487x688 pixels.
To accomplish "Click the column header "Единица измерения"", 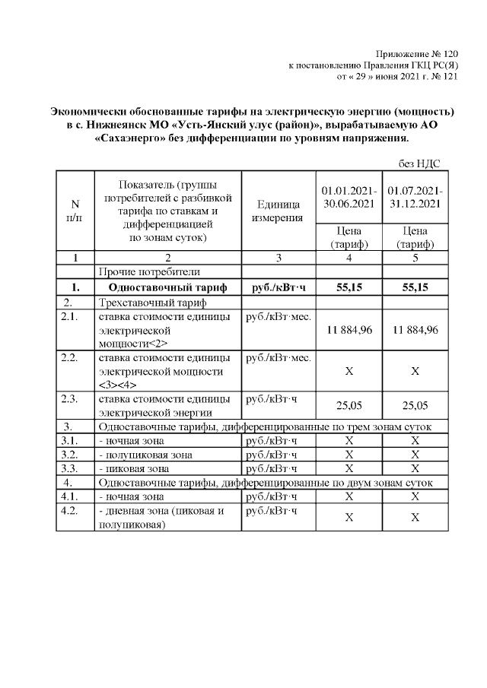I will [278, 211].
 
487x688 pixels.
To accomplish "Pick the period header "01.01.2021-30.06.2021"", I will [348, 196].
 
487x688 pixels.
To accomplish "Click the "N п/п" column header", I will [75, 211].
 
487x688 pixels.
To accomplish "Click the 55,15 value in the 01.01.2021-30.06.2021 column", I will [348, 287].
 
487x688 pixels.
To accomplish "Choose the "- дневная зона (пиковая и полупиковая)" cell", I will [161, 517].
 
